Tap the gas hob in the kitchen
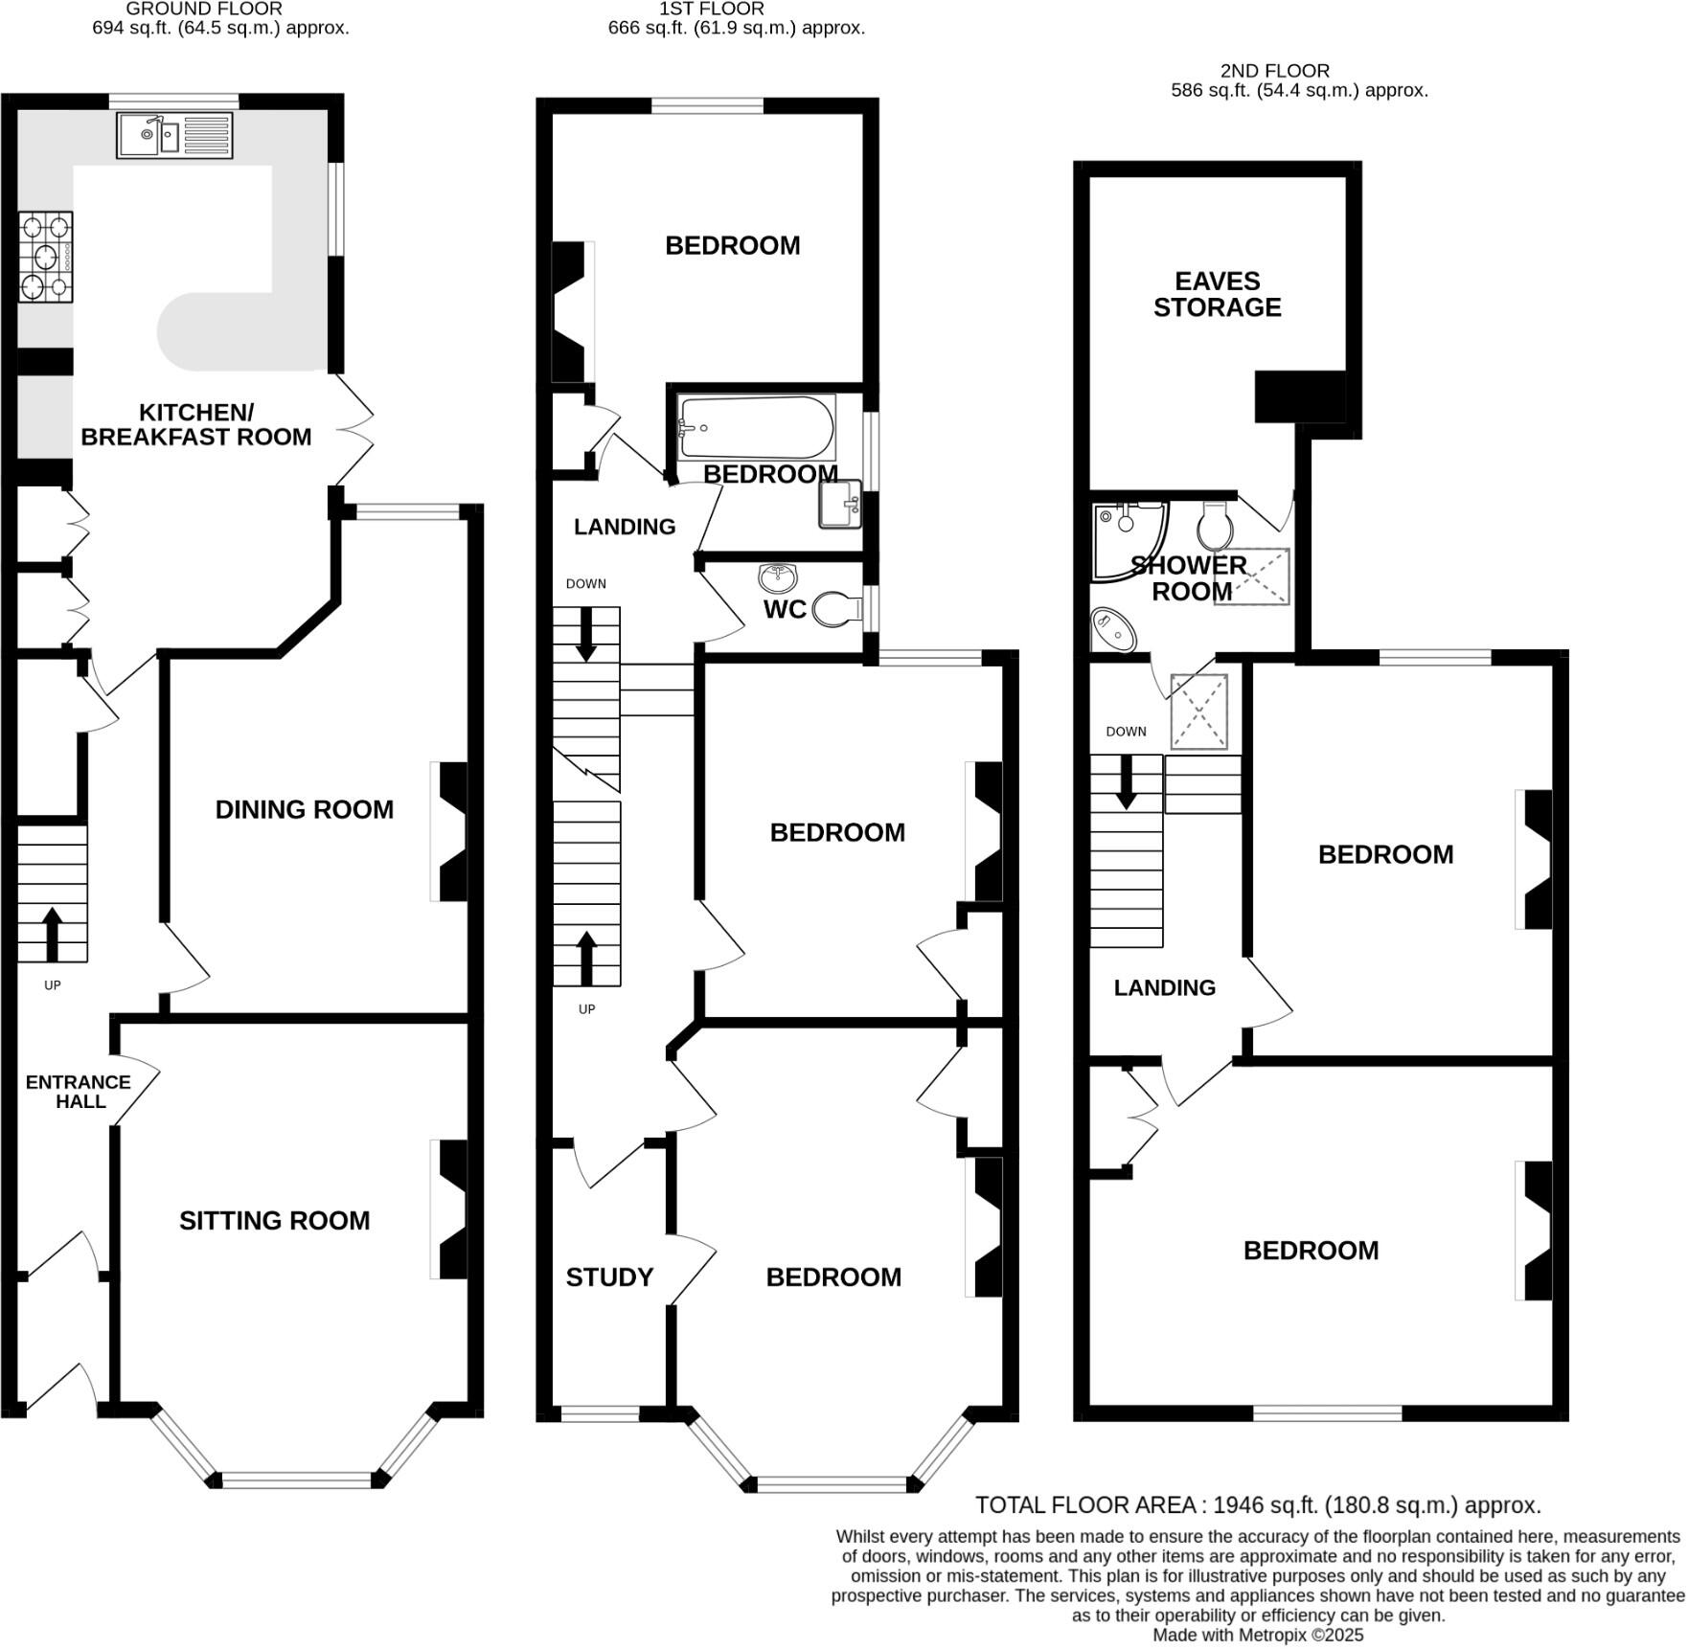pos(45,257)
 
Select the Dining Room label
pos(304,810)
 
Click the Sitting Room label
pos(274,1221)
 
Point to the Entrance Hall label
pos(79,1092)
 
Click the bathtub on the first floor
pos(754,428)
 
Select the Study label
pos(609,1277)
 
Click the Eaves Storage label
pos(1217,294)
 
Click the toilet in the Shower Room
pos(1215,524)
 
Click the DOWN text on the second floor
pos(1126,732)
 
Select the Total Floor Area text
pos(1257,1505)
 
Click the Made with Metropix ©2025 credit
pos(1257,1636)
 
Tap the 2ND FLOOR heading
pos(1274,71)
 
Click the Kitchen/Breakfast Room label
pos(196,425)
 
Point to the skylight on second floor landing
pos(1198,712)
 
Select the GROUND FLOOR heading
pos(204,9)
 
